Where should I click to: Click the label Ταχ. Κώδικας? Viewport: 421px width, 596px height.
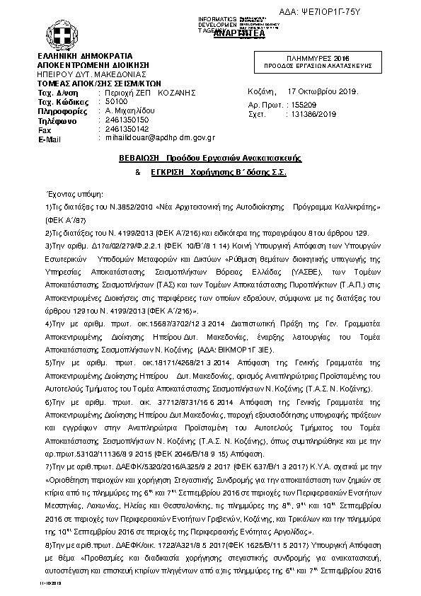62,102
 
